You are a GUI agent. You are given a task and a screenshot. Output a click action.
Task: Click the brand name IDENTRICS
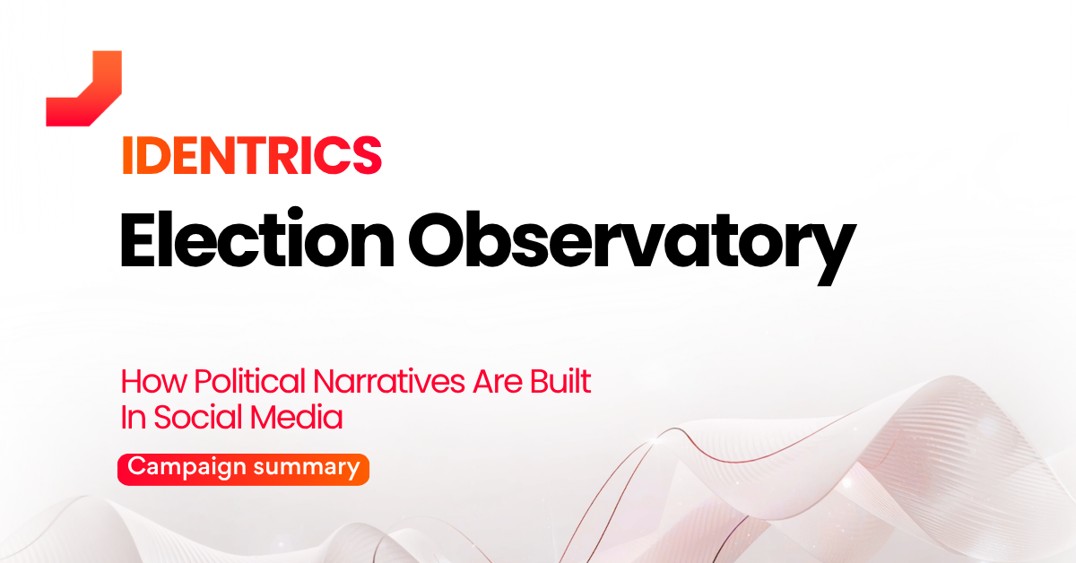(252, 156)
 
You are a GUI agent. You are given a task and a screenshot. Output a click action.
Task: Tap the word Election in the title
(257, 238)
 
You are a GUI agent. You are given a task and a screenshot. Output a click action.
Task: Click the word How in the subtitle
(153, 381)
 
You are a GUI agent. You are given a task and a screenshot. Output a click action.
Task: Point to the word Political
(250, 381)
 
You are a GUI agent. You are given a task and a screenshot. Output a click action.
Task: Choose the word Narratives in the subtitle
(389, 381)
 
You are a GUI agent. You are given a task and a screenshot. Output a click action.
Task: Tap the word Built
(560, 381)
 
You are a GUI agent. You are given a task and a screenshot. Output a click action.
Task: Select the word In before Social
(133, 417)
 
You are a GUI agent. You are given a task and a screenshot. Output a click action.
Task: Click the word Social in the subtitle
(198, 417)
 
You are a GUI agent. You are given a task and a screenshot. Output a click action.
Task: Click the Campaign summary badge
(244, 470)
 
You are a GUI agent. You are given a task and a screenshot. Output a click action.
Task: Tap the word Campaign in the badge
(187, 467)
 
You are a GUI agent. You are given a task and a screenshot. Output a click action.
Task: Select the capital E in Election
(137, 238)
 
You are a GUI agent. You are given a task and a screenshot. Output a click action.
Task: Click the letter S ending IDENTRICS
(368, 156)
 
